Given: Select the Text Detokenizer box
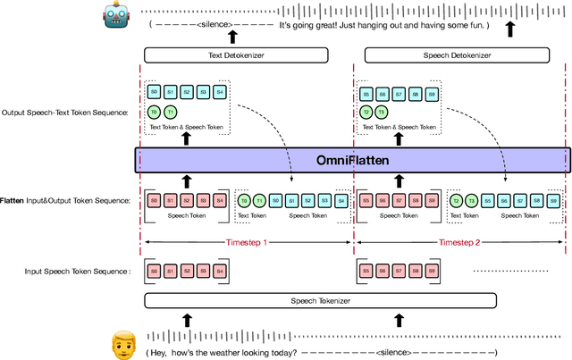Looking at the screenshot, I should click(x=231, y=56).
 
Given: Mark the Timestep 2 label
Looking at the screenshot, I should click(x=459, y=242).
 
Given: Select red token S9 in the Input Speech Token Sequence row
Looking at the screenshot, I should click(x=431, y=272).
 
